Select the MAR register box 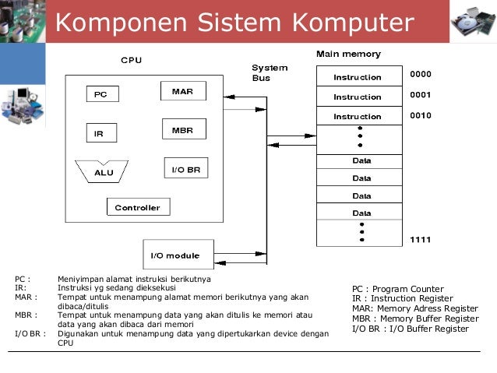(183, 91)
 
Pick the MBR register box (183, 129)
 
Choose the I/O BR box (185, 168)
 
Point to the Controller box (138, 207)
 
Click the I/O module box (174, 255)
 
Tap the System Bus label (270, 73)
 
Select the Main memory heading (348, 55)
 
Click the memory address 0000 (421, 75)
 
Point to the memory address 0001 (421, 95)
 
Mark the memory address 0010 (421, 115)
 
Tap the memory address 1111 (421, 238)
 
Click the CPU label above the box (131, 60)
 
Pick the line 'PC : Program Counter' (397, 289)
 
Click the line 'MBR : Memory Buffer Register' (415, 318)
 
